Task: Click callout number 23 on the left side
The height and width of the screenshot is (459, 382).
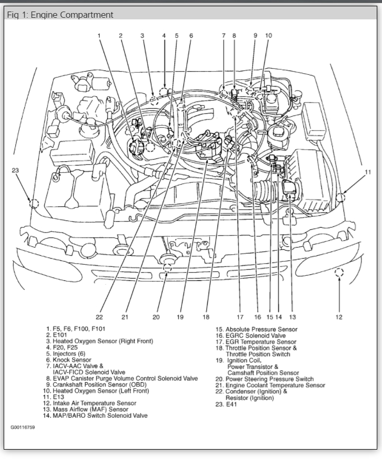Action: click(15, 170)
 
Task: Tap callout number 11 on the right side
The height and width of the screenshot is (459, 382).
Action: click(368, 172)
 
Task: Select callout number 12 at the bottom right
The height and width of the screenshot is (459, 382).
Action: click(339, 317)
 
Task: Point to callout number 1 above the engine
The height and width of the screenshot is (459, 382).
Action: click(98, 36)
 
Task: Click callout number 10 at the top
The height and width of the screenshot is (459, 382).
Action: click(268, 36)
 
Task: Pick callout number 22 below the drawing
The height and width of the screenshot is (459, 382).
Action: click(99, 317)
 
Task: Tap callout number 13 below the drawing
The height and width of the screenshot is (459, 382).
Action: click(293, 317)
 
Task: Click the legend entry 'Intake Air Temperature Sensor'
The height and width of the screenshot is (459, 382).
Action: click(94, 403)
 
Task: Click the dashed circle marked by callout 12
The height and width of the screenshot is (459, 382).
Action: click(339, 272)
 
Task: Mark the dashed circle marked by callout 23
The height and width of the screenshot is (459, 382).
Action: click(34, 204)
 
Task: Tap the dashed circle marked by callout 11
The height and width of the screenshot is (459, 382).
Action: click(340, 197)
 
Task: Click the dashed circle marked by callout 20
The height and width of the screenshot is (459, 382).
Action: click(167, 268)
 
